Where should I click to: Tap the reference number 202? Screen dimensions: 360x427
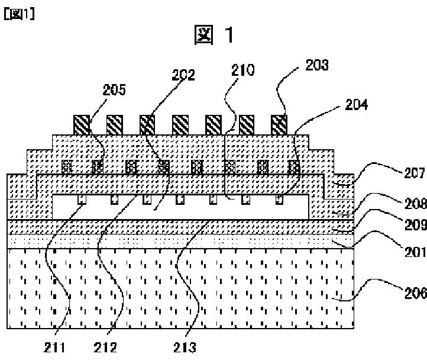tap(184, 75)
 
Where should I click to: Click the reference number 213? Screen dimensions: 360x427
tap(187, 348)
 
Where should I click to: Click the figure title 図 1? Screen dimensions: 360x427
tap(214, 36)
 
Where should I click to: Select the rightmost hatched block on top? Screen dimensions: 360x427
tap(279, 124)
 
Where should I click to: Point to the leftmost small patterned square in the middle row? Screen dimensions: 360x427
tap(67, 167)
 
